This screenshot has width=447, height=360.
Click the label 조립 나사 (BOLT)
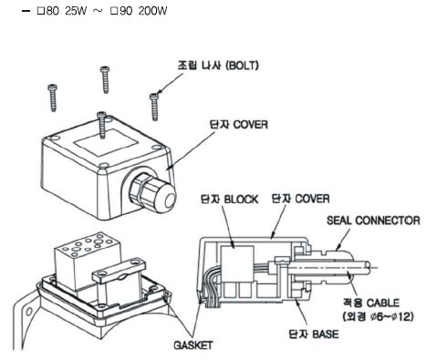pos(218,66)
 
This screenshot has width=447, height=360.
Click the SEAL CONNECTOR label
pos(373,221)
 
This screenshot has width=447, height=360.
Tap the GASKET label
pos(193,345)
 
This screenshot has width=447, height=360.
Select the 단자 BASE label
pos(314,334)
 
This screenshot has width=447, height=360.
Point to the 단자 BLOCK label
pos(229,200)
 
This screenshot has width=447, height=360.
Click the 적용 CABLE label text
pos(371,303)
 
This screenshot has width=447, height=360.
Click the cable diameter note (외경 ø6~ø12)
pos(378,317)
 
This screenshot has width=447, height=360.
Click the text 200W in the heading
pos(152,11)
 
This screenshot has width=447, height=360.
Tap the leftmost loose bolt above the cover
pos(53,98)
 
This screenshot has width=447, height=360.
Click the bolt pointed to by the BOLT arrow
pos(154,107)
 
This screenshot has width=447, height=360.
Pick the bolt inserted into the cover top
pos(102,125)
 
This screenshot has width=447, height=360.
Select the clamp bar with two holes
pos(120,270)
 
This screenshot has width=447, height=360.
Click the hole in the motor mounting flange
pos(29,311)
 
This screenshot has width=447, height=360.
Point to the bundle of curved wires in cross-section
pos(210,285)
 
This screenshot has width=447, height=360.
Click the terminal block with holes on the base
pos(88,262)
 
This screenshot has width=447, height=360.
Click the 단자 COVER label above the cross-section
pos(300,199)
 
